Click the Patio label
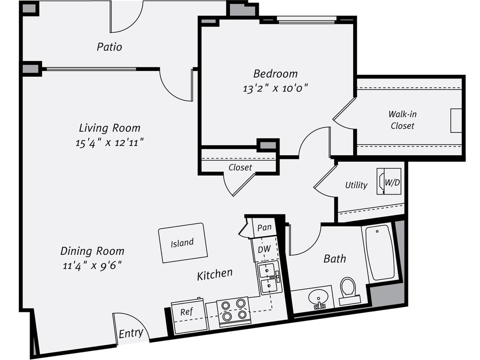[109, 46]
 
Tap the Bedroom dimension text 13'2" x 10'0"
[275, 88]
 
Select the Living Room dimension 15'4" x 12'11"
[109, 142]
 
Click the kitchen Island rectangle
[183, 243]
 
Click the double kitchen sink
[268, 279]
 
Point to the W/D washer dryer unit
[389, 182]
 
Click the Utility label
[356, 185]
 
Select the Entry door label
[131, 333]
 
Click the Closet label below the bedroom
[240, 168]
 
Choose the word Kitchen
[215, 274]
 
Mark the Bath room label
[335, 258]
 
